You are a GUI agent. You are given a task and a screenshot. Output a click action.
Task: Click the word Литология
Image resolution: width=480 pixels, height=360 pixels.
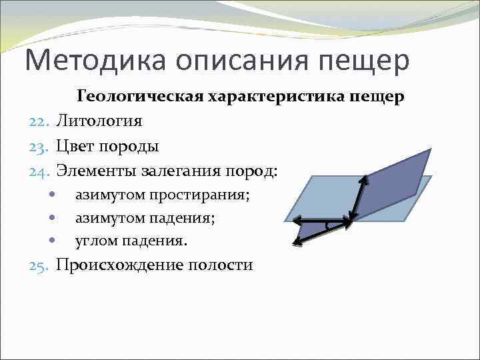coord(99,121)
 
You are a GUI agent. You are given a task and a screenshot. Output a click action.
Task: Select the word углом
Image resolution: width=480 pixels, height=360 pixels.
coord(96,241)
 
